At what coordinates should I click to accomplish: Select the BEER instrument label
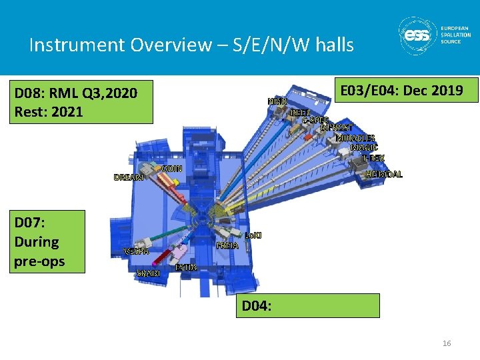click(x=301, y=113)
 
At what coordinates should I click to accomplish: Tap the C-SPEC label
click(x=315, y=121)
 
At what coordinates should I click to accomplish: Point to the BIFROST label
click(x=336, y=128)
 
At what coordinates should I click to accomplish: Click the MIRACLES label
click(x=355, y=138)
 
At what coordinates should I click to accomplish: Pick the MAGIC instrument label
click(x=364, y=147)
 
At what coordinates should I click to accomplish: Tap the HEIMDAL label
click(x=385, y=174)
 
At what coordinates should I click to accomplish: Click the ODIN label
click(x=173, y=167)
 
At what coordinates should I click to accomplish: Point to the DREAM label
click(x=129, y=177)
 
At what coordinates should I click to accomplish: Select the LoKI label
click(x=253, y=235)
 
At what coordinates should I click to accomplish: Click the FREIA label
click(x=227, y=246)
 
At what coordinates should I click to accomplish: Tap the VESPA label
click(x=137, y=251)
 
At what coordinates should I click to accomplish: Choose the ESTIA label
click(x=186, y=267)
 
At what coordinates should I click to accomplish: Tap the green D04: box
click(x=309, y=305)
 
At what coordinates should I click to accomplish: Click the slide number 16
click(x=446, y=343)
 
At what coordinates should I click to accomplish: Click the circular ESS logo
click(x=417, y=36)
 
